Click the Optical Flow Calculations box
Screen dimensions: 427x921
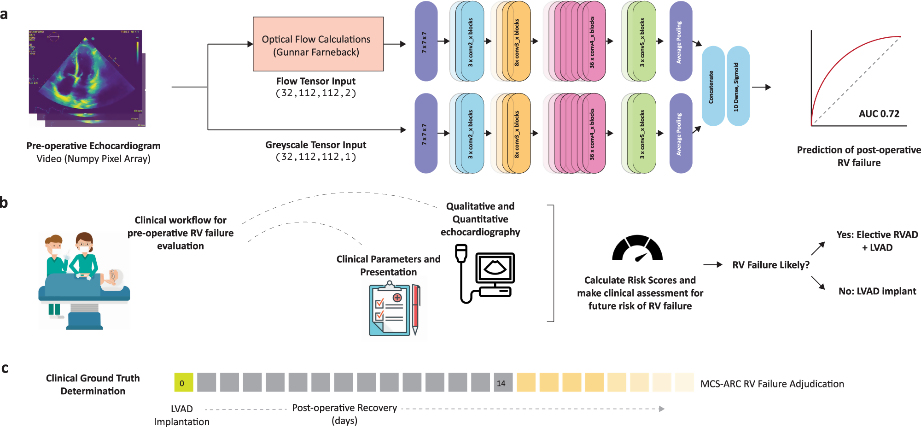318,44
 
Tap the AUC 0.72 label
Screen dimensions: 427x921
879,114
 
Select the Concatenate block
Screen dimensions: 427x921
713,86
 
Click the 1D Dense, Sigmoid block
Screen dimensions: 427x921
738,86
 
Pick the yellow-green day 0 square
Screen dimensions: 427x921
183,383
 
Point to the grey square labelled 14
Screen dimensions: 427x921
502,383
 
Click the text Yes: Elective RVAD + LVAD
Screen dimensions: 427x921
877,241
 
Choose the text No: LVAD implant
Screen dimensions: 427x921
877,291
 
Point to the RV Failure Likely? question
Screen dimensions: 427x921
770,265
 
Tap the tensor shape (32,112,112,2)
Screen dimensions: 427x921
315,94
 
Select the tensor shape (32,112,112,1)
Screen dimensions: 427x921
315,157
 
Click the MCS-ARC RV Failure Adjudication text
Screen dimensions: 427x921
772,384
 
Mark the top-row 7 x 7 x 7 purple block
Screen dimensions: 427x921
426,41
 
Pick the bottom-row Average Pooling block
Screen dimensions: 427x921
680,134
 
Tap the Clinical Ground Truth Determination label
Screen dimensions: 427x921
93,385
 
